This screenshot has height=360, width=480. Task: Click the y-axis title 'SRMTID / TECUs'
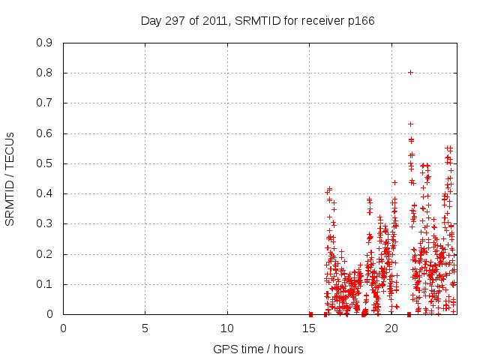point(10,178)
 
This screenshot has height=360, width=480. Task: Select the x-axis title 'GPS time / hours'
point(258,349)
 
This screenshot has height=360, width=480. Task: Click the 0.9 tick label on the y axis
point(45,43)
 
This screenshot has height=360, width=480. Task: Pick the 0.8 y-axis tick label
point(45,73)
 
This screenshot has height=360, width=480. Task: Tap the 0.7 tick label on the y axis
point(45,103)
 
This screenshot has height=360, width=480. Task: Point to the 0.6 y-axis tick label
point(45,133)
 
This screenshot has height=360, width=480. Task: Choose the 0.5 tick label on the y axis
point(45,163)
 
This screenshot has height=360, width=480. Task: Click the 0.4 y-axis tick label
point(45,193)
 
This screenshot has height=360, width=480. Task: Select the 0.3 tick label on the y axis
point(45,223)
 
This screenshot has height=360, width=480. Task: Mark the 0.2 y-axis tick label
point(45,254)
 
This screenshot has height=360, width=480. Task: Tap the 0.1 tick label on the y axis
point(45,284)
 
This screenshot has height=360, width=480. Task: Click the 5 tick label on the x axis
point(145,328)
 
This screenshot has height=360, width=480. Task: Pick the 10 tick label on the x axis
point(227,328)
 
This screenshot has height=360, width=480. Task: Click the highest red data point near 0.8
point(410,73)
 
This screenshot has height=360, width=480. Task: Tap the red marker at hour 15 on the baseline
point(310,314)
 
